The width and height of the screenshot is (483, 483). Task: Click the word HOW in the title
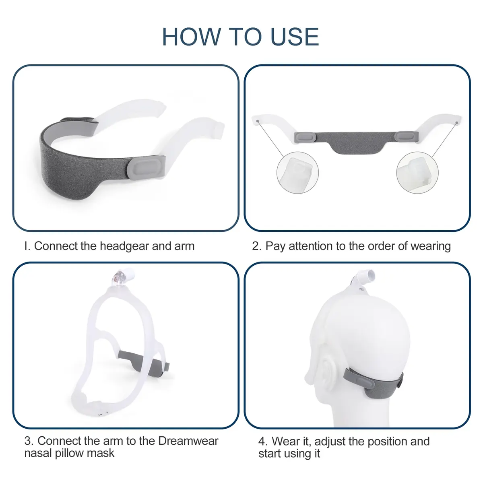pos(192,37)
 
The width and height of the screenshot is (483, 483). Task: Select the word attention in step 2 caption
pos(311,246)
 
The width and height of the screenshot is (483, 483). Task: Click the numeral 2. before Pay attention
pos(257,246)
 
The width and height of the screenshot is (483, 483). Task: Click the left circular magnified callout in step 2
pos(297,172)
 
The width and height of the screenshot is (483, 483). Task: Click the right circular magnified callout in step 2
pos(417,172)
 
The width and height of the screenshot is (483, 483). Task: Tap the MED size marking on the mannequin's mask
pos(361,289)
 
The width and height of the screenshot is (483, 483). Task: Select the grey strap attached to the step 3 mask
pos(143,362)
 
